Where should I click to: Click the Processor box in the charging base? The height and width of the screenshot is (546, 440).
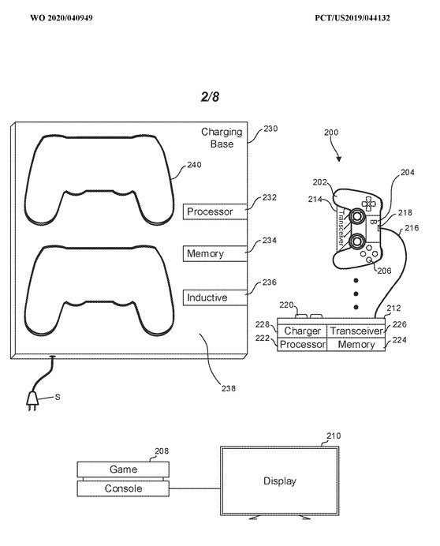click(x=214, y=211)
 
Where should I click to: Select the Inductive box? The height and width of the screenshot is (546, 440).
click(x=214, y=297)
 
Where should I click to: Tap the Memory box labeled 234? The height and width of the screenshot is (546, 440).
click(x=214, y=253)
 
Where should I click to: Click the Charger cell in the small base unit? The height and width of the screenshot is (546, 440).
click(x=302, y=331)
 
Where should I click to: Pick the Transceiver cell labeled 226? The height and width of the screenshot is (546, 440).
click(x=356, y=331)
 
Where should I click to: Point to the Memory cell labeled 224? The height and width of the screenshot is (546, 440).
click(x=356, y=344)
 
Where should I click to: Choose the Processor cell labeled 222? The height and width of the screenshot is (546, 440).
click(x=302, y=344)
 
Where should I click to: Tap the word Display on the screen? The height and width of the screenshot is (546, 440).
click(x=279, y=481)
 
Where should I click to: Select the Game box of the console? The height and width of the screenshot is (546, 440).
click(x=123, y=469)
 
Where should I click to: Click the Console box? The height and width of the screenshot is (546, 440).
click(x=123, y=488)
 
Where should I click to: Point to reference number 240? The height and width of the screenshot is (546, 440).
click(x=194, y=165)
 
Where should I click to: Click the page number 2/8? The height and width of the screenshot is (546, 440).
click(x=210, y=96)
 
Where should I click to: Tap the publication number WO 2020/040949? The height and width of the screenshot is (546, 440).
click(x=62, y=18)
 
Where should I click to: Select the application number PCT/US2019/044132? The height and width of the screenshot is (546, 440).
click(x=352, y=18)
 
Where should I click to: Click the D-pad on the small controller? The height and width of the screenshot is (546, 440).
click(x=367, y=203)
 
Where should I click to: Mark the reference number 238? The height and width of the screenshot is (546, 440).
click(x=229, y=388)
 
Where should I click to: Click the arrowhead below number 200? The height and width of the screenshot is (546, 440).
click(x=339, y=159)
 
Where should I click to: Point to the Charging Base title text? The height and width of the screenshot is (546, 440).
click(x=222, y=138)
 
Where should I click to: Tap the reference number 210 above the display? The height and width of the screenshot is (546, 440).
click(x=334, y=436)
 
